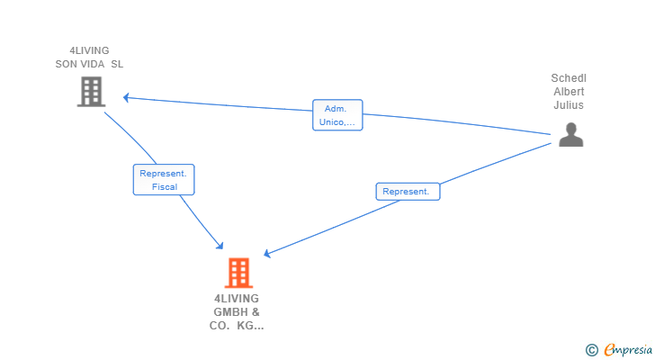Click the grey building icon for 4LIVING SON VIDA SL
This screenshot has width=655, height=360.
pyautogui.click(x=91, y=92)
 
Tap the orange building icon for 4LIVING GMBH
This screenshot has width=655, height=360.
pyautogui.click(x=238, y=273)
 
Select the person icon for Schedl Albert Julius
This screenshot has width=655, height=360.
pyautogui.click(x=570, y=134)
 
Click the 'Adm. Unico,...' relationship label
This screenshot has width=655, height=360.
pyautogui.click(x=337, y=115)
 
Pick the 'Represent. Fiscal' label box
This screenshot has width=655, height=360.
pyautogui.click(x=164, y=180)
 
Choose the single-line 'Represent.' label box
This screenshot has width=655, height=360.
pyautogui.click(x=408, y=192)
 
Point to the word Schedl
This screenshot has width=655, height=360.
pyautogui.click(x=569, y=78)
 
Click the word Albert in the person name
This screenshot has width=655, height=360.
pyautogui.click(x=569, y=92)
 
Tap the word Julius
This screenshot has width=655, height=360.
pyautogui.click(x=569, y=105)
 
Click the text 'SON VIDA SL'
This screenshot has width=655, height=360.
pyautogui.click(x=89, y=65)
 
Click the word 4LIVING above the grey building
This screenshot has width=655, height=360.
pyautogui.click(x=89, y=51)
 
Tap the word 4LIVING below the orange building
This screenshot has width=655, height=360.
pyautogui.click(x=237, y=299)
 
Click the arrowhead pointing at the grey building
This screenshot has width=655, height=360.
pyautogui.click(x=127, y=95)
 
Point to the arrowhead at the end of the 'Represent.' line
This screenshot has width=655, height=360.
pyautogui.click(x=268, y=255)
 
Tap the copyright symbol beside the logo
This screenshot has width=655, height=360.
pyautogui.click(x=591, y=349)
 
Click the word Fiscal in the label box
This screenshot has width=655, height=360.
pyautogui.click(x=164, y=187)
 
